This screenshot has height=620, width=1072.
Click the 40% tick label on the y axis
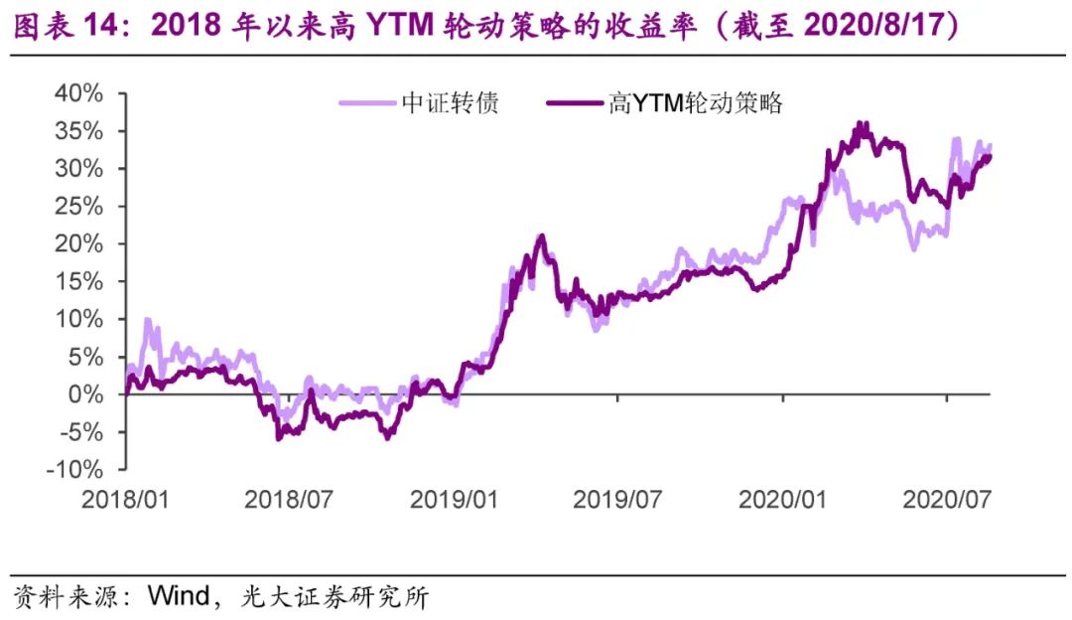point(78,93)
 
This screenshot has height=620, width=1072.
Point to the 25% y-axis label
point(78,207)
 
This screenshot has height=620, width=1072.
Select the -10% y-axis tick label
point(74,469)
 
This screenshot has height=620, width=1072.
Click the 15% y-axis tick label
point(78,281)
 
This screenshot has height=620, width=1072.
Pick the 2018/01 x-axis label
point(125,498)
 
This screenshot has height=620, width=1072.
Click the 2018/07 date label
point(290,498)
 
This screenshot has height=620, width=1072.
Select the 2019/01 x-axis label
point(455,498)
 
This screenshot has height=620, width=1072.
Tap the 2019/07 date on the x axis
point(617,498)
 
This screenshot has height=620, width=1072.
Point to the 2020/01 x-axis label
point(783,498)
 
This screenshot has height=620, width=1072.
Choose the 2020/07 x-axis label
point(946,498)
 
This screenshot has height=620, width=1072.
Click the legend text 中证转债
point(450,103)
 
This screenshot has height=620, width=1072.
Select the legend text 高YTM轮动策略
point(695,103)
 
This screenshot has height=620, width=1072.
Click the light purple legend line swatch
point(367,103)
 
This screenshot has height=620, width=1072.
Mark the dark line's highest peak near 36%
point(862,124)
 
